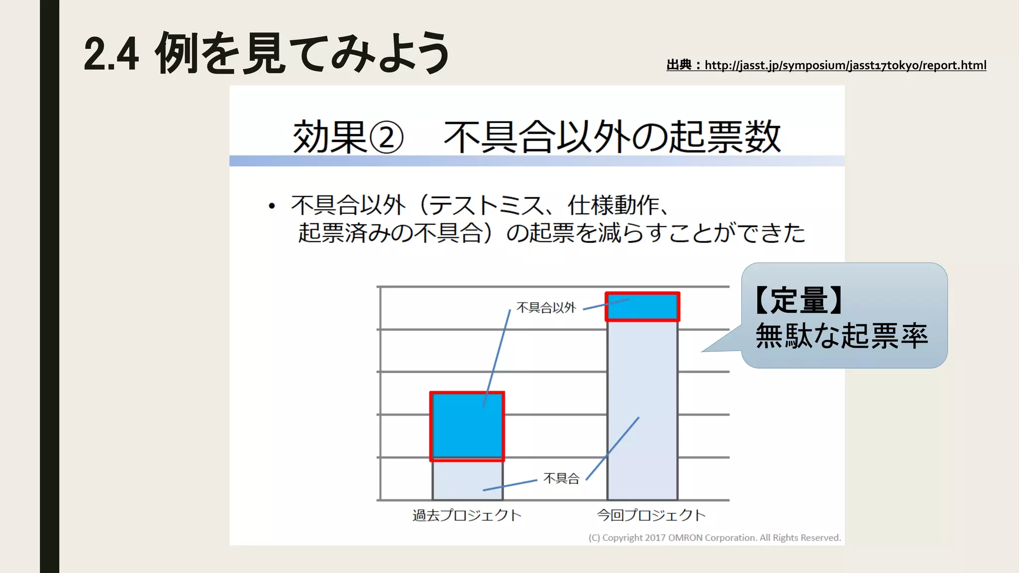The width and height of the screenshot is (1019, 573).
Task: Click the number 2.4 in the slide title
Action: tap(111, 54)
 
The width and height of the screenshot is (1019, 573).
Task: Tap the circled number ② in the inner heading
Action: tap(386, 138)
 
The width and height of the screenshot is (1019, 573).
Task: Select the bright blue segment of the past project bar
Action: tap(467, 425)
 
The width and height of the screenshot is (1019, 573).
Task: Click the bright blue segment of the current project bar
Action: tap(642, 306)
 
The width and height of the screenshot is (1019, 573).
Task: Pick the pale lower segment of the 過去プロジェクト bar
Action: tap(467, 480)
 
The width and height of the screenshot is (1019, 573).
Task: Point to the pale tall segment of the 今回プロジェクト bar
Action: tap(642, 408)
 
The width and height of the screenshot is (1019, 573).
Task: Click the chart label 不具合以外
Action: tap(546, 308)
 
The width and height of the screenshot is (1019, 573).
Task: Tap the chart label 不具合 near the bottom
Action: tap(561, 478)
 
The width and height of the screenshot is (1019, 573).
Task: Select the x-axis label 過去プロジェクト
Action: tap(467, 515)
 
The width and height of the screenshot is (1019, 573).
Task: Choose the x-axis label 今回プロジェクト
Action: tap(651, 515)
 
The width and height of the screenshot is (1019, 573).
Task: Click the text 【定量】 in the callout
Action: tap(799, 300)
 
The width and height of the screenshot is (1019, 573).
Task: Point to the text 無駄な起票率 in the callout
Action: tap(841, 336)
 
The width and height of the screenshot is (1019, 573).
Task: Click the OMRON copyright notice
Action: tap(714, 538)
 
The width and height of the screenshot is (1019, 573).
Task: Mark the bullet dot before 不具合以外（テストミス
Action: tap(272, 206)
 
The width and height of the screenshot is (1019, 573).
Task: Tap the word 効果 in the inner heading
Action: tap(329, 137)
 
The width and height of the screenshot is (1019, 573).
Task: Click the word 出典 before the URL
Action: tap(679, 65)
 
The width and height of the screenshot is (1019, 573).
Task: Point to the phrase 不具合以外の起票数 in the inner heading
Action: tap(612, 137)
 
